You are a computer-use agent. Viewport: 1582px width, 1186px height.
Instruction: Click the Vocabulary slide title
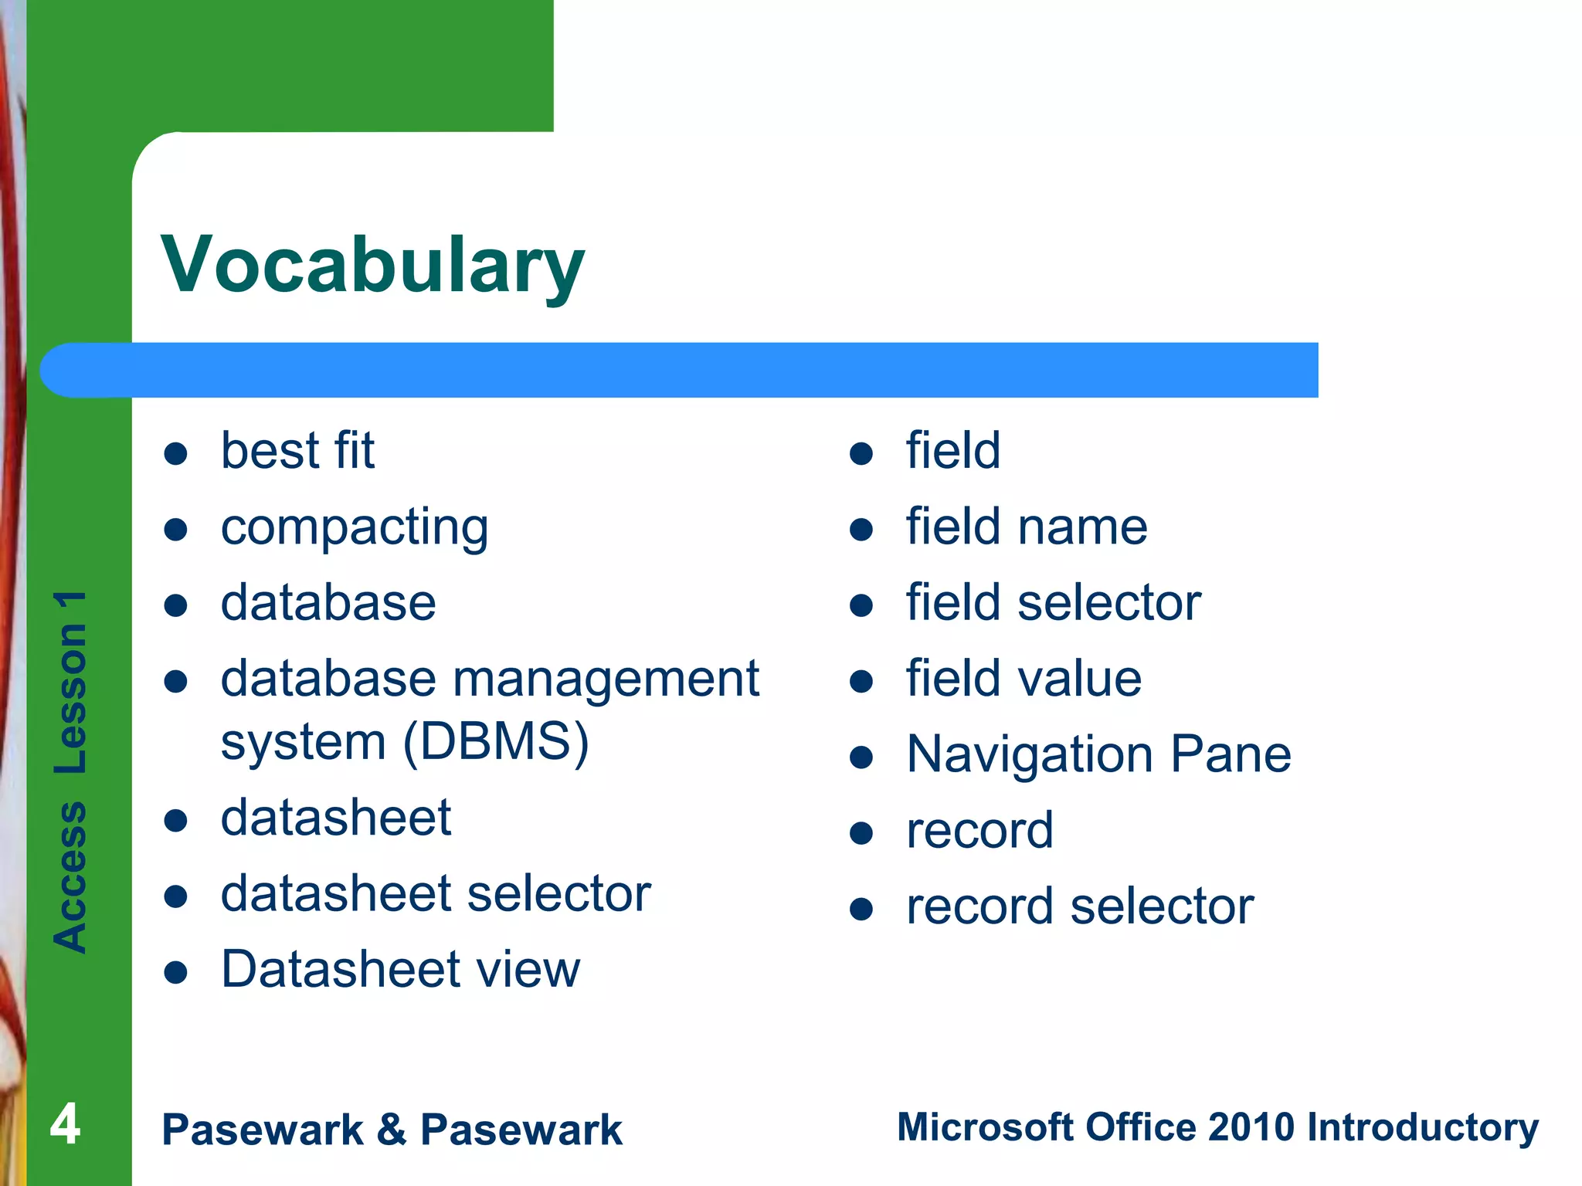pyautogui.click(x=372, y=266)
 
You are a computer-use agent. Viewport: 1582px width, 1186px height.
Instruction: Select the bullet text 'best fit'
pyautogui.click(x=297, y=451)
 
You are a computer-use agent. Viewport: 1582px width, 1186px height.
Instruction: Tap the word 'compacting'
pyautogui.click(x=355, y=528)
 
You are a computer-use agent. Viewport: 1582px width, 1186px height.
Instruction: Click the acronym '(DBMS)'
pyautogui.click(x=496, y=742)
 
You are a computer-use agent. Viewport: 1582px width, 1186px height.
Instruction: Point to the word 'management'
pyautogui.click(x=606, y=679)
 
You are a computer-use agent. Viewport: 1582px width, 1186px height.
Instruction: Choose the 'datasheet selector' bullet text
pyautogui.click(x=436, y=894)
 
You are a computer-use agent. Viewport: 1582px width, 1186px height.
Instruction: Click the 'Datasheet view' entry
pyautogui.click(x=400, y=970)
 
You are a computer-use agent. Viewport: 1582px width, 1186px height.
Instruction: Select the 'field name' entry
pyautogui.click(x=1027, y=527)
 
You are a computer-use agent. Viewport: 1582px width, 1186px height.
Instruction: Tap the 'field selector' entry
pyautogui.click(x=1054, y=603)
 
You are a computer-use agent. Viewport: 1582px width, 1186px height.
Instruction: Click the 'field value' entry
pyautogui.click(x=1024, y=679)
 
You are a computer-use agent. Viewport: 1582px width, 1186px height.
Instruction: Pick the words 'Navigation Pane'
pyautogui.click(x=1098, y=755)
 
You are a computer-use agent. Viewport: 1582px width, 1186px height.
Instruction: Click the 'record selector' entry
pyautogui.click(x=1080, y=906)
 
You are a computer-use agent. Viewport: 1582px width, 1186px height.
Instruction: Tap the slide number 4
pyautogui.click(x=65, y=1124)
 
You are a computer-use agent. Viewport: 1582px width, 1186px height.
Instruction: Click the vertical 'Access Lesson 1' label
pyautogui.click(x=70, y=772)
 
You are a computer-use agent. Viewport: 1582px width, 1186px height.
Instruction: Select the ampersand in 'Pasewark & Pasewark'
pyautogui.click(x=392, y=1130)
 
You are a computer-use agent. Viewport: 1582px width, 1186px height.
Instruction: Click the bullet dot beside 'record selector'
pyautogui.click(x=861, y=909)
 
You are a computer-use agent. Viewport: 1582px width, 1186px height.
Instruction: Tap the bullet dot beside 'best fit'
pyautogui.click(x=176, y=453)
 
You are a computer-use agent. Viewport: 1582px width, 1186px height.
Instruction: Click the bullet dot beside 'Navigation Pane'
pyautogui.click(x=861, y=757)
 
